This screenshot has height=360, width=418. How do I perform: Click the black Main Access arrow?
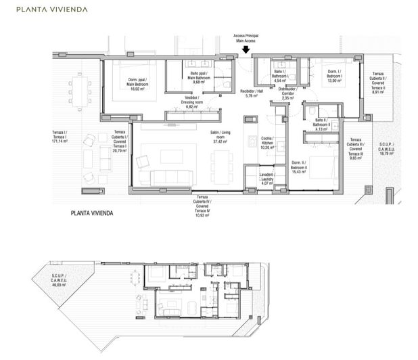coord(245,49)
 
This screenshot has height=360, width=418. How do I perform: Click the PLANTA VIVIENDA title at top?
coord(47,9)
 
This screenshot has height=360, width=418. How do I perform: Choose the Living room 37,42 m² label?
coord(218,137)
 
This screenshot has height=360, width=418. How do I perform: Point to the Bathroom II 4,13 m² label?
coord(321,125)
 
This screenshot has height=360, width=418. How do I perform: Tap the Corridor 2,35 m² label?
coord(287,93)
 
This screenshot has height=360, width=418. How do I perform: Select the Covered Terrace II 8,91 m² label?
coord(377,83)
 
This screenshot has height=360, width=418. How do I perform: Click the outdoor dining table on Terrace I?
coord(80,91)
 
